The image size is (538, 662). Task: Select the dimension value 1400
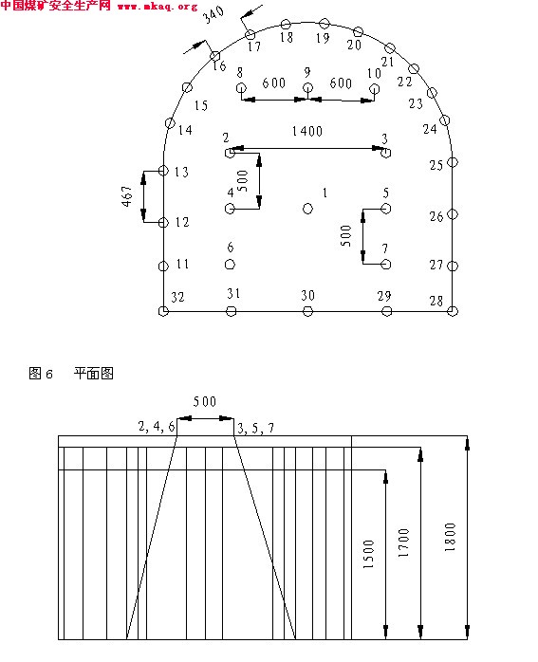(307, 131)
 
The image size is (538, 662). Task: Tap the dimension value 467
(127, 196)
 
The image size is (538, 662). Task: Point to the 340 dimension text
(213, 15)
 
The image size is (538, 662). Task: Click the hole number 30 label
(307, 296)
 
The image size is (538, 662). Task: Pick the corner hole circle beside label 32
(163, 311)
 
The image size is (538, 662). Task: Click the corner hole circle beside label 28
(453, 311)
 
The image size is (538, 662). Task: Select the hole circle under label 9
(307, 88)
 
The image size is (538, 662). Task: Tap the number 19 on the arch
(323, 38)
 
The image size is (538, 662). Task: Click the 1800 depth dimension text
(450, 537)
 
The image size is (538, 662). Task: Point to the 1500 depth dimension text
(369, 554)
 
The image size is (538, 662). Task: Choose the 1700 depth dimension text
(403, 542)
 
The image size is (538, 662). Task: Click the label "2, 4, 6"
(157, 427)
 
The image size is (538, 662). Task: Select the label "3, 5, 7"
(256, 429)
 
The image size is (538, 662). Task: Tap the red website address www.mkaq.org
(158, 7)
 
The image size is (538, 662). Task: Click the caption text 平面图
(93, 374)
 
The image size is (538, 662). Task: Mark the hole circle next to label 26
(453, 214)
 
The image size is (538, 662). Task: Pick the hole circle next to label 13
(163, 171)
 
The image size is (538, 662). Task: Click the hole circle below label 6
(230, 265)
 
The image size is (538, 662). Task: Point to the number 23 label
(416, 103)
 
